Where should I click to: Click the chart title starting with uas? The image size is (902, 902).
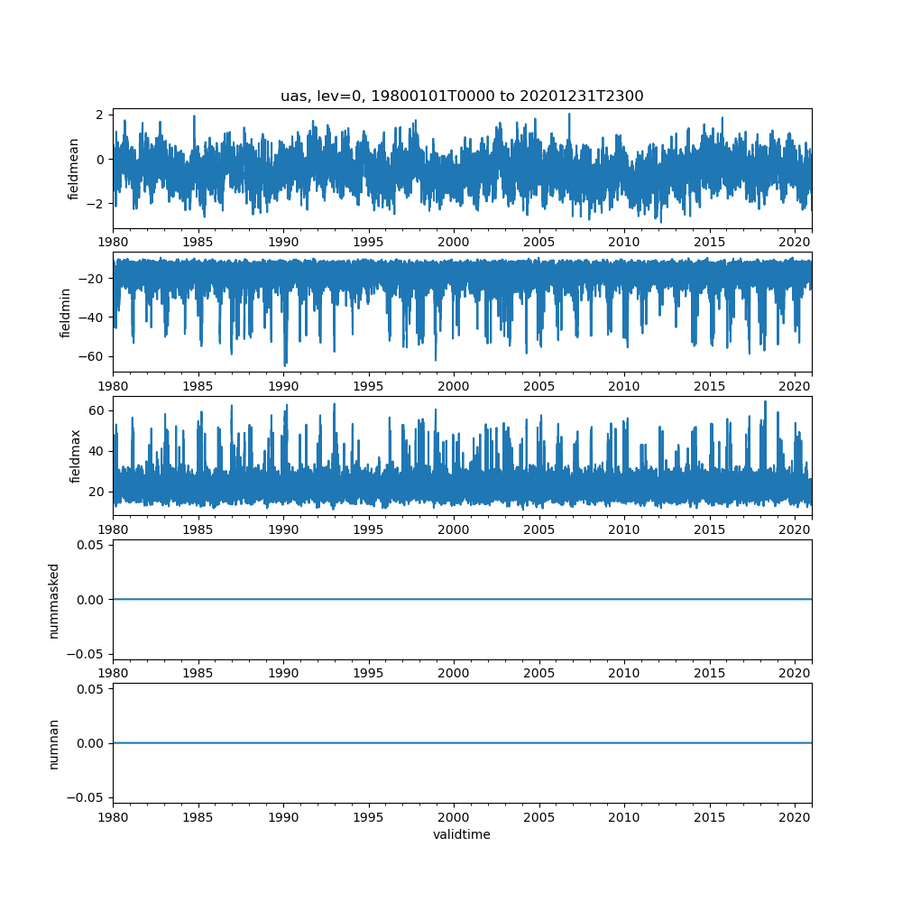coord(462,97)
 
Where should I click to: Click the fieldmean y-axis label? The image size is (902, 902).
coord(74,169)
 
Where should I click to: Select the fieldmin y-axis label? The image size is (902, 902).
coord(65,312)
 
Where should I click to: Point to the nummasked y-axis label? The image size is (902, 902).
coord(53,600)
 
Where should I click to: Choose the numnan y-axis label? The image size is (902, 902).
coord(53,743)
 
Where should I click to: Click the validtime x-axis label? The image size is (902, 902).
coord(462,834)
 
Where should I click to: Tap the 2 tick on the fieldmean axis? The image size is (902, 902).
coord(102,115)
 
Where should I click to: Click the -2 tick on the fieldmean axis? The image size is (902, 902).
coord(96,204)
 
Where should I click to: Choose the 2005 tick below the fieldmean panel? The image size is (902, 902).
coord(539,243)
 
